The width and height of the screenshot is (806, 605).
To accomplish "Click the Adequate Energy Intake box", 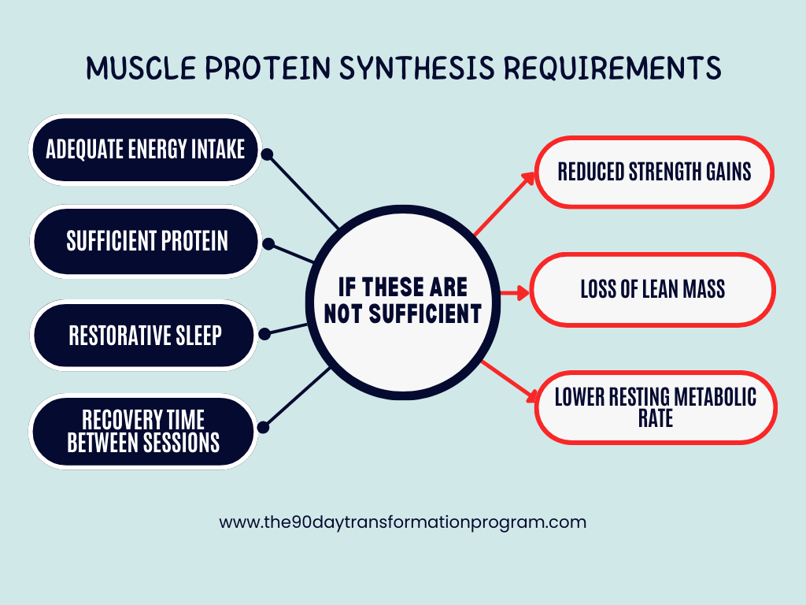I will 146,150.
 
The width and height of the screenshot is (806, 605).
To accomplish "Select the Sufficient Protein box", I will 146,241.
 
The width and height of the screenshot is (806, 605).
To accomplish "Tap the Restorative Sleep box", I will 146,335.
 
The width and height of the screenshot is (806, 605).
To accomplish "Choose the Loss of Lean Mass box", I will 653,289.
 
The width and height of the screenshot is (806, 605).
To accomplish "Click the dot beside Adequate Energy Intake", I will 267,154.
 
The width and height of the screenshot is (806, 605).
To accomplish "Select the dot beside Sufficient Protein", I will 268,244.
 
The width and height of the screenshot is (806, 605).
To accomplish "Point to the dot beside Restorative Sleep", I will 265,334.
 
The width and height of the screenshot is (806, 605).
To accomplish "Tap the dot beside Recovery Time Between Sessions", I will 264,427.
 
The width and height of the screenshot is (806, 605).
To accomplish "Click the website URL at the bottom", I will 402,521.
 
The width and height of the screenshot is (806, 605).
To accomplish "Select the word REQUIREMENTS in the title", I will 612,69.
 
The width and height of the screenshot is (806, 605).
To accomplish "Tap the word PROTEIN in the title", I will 260,69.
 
